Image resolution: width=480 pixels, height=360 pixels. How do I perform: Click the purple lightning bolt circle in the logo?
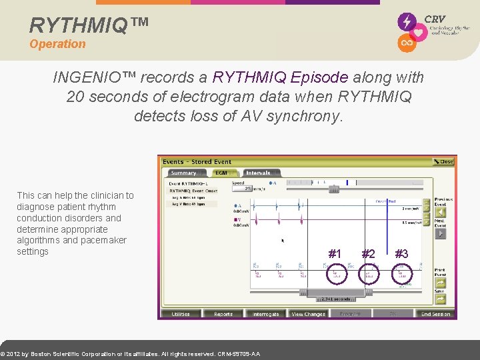pyautogui.click(x=406, y=22)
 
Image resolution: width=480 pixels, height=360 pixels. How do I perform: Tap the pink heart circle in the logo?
pyautogui.click(x=419, y=32)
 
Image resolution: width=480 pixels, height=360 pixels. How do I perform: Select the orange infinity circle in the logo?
pyautogui.click(x=406, y=43)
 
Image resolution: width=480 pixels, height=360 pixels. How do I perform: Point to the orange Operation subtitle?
pyautogui.click(x=57, y=44)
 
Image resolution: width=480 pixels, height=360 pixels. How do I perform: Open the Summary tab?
pyautogui.click(x=183, y=173)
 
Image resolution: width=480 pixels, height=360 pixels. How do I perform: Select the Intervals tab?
pyautogui.click(x=260, y=173)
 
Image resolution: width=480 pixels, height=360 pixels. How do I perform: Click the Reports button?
pyautogui.click(x=223, y=314)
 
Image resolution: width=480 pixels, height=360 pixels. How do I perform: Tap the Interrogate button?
pyautogui.click(x=266, y=314)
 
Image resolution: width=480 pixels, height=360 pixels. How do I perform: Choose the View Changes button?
pyautogui.click(x=308, y=314)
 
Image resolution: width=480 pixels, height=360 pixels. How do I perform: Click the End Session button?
pyautogui.click(x=435, y=314)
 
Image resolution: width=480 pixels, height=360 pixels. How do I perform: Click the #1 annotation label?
pyautogui.click(x=335, y=253)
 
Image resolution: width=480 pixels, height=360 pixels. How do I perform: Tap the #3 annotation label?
pyautogui.click(x=401, y=253)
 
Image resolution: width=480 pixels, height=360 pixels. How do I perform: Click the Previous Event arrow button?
pyautogui.click(x=440, y=211)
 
